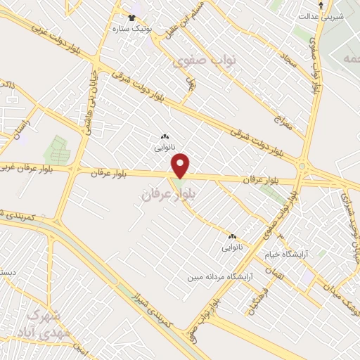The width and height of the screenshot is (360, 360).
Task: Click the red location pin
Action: [x=181, y=166]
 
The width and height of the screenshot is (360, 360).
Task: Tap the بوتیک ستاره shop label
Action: [x=130, y=28]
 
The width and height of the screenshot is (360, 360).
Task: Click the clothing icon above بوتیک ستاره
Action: [x=131, y=15]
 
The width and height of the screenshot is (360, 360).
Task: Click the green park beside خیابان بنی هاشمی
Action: [x=57, y=149]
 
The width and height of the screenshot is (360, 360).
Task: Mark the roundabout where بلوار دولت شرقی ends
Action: [x=303, y=167]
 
